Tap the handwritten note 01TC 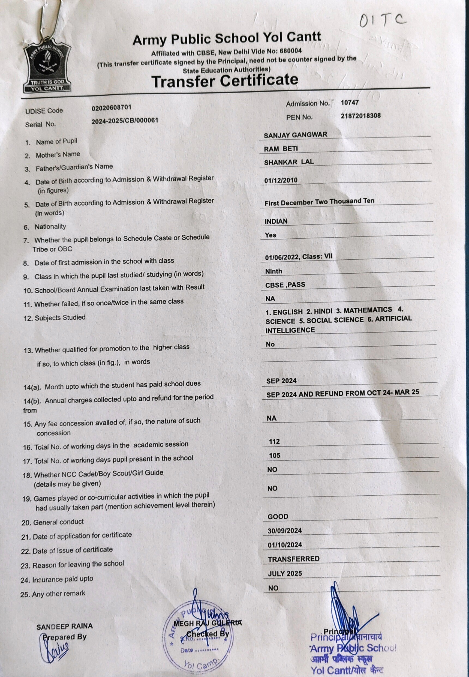point(382,20)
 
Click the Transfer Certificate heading point(225,80)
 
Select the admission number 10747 point(349,103)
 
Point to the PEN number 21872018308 point(360,116)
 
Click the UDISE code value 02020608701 point(111,107)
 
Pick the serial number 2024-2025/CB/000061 point(125,121)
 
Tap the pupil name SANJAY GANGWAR point(295,135)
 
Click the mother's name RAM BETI point(281,149)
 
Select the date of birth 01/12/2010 point(281,180)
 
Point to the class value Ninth point(273,271)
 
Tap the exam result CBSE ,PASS point(285,285)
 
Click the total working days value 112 point(274,441)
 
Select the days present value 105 point(275,455)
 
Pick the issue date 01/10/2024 point(284,545)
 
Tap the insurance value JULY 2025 point(285,573)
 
